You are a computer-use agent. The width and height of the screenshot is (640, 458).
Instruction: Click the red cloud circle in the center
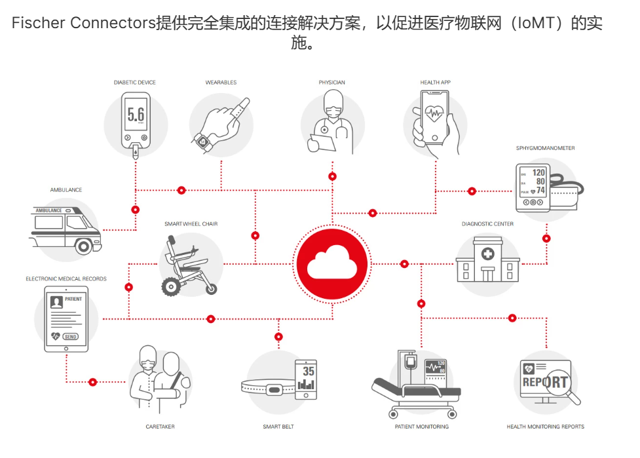pos(331,263)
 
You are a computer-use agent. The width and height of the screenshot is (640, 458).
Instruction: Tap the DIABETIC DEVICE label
pos(134,83)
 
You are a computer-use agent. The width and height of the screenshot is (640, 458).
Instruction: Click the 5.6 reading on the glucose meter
pos(136,115)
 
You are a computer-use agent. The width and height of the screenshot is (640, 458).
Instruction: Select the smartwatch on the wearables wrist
pos(201,141)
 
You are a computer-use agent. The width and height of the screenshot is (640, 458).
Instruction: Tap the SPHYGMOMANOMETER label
pos(545,148)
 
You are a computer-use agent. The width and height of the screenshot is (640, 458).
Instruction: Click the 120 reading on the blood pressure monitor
pos(538,174)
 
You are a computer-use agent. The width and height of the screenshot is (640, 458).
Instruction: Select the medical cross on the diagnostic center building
pos(487,254)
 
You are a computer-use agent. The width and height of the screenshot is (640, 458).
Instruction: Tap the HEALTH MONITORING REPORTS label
pos(545,427)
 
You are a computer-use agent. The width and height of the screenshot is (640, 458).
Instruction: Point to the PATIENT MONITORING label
pos(421,427)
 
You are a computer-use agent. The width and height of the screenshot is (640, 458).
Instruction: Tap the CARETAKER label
pos(160,427)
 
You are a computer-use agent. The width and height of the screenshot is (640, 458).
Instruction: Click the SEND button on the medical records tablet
pos(71,336)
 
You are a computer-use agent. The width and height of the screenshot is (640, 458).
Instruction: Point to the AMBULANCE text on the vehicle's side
pos(48,210)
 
